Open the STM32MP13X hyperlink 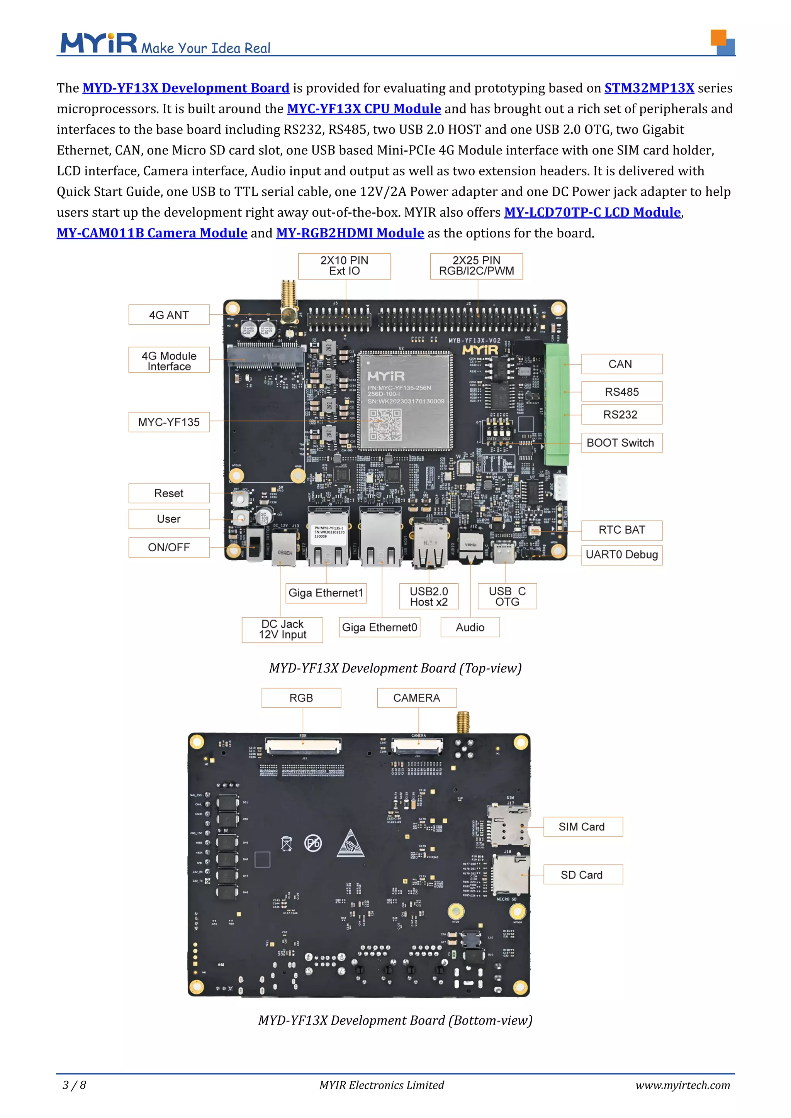click(649, 88)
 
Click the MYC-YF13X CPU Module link click(364, 108)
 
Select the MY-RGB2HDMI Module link click(350, 233)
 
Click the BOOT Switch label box click(621, 443)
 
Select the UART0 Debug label click(621, 555)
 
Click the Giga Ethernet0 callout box click(379, 628)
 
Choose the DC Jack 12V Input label click(282, 630)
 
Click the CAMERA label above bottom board click(416, 698)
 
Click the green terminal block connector click(557, 404)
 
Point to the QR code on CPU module click(384, 425)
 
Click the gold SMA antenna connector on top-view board click(289, 302)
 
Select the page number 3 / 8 click(75, 1085)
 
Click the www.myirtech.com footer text click(682, 1085)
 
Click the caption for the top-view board click(395, 668)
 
